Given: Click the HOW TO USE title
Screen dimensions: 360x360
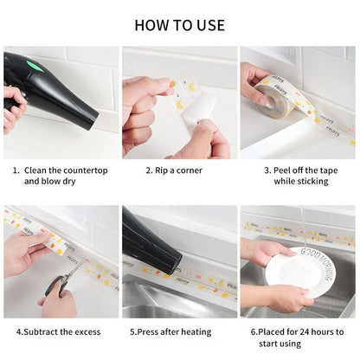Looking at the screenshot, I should point(180,25).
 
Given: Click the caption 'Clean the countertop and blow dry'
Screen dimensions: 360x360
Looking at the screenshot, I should point(61,176).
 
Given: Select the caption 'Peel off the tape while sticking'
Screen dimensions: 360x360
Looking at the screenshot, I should point(296,176).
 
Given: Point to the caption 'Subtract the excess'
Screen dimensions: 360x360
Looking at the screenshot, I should point(58,331).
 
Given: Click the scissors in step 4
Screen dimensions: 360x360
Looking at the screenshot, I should point(60,283).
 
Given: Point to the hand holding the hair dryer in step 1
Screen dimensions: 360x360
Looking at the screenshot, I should point(12,104).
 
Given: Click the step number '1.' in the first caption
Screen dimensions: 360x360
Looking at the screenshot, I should point(16,170).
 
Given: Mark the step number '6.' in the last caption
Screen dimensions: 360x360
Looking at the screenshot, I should point(255,331).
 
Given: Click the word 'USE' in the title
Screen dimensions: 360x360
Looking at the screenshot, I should point(208,25).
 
